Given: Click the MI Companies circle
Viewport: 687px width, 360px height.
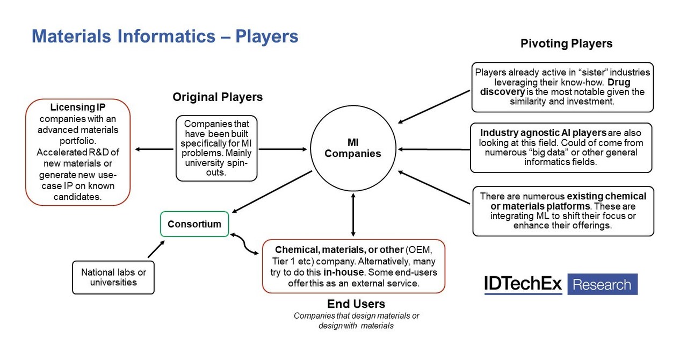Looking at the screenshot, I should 353,149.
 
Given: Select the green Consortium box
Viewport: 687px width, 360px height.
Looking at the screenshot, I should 194,224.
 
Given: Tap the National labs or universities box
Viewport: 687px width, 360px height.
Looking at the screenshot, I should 113,277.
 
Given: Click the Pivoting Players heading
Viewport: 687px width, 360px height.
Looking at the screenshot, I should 566,44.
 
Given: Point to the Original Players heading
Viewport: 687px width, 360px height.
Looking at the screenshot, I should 218,97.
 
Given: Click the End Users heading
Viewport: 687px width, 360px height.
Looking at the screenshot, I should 356,304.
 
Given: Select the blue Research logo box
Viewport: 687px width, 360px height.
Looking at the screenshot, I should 602,284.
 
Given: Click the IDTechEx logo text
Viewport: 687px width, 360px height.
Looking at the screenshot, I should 523,284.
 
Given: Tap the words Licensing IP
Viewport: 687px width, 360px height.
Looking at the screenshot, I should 77,108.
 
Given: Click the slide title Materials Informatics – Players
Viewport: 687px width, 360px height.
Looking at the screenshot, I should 165,37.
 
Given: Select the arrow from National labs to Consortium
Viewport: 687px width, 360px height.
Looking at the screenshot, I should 156,249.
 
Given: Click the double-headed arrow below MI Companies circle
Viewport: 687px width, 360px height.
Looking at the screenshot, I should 353,215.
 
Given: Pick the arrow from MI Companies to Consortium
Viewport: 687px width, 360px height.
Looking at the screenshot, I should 272,191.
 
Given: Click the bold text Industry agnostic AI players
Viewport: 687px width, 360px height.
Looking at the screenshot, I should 543,133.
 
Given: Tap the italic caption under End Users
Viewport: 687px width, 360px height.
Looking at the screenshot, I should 356,321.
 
